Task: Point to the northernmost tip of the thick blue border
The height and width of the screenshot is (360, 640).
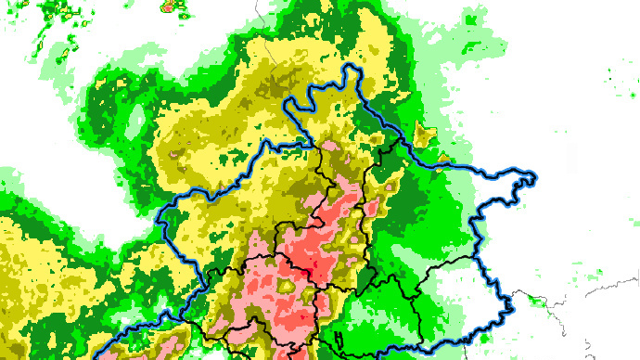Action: click(x=351, y=67)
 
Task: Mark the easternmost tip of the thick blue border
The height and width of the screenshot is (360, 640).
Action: click(x=536, y=176)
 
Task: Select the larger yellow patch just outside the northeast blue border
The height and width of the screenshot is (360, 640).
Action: click(x=427, y=136)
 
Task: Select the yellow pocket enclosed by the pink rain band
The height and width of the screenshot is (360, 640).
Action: click(x=288, y=288)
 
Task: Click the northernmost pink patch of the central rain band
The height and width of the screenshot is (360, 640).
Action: click(x=330, y=146)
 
